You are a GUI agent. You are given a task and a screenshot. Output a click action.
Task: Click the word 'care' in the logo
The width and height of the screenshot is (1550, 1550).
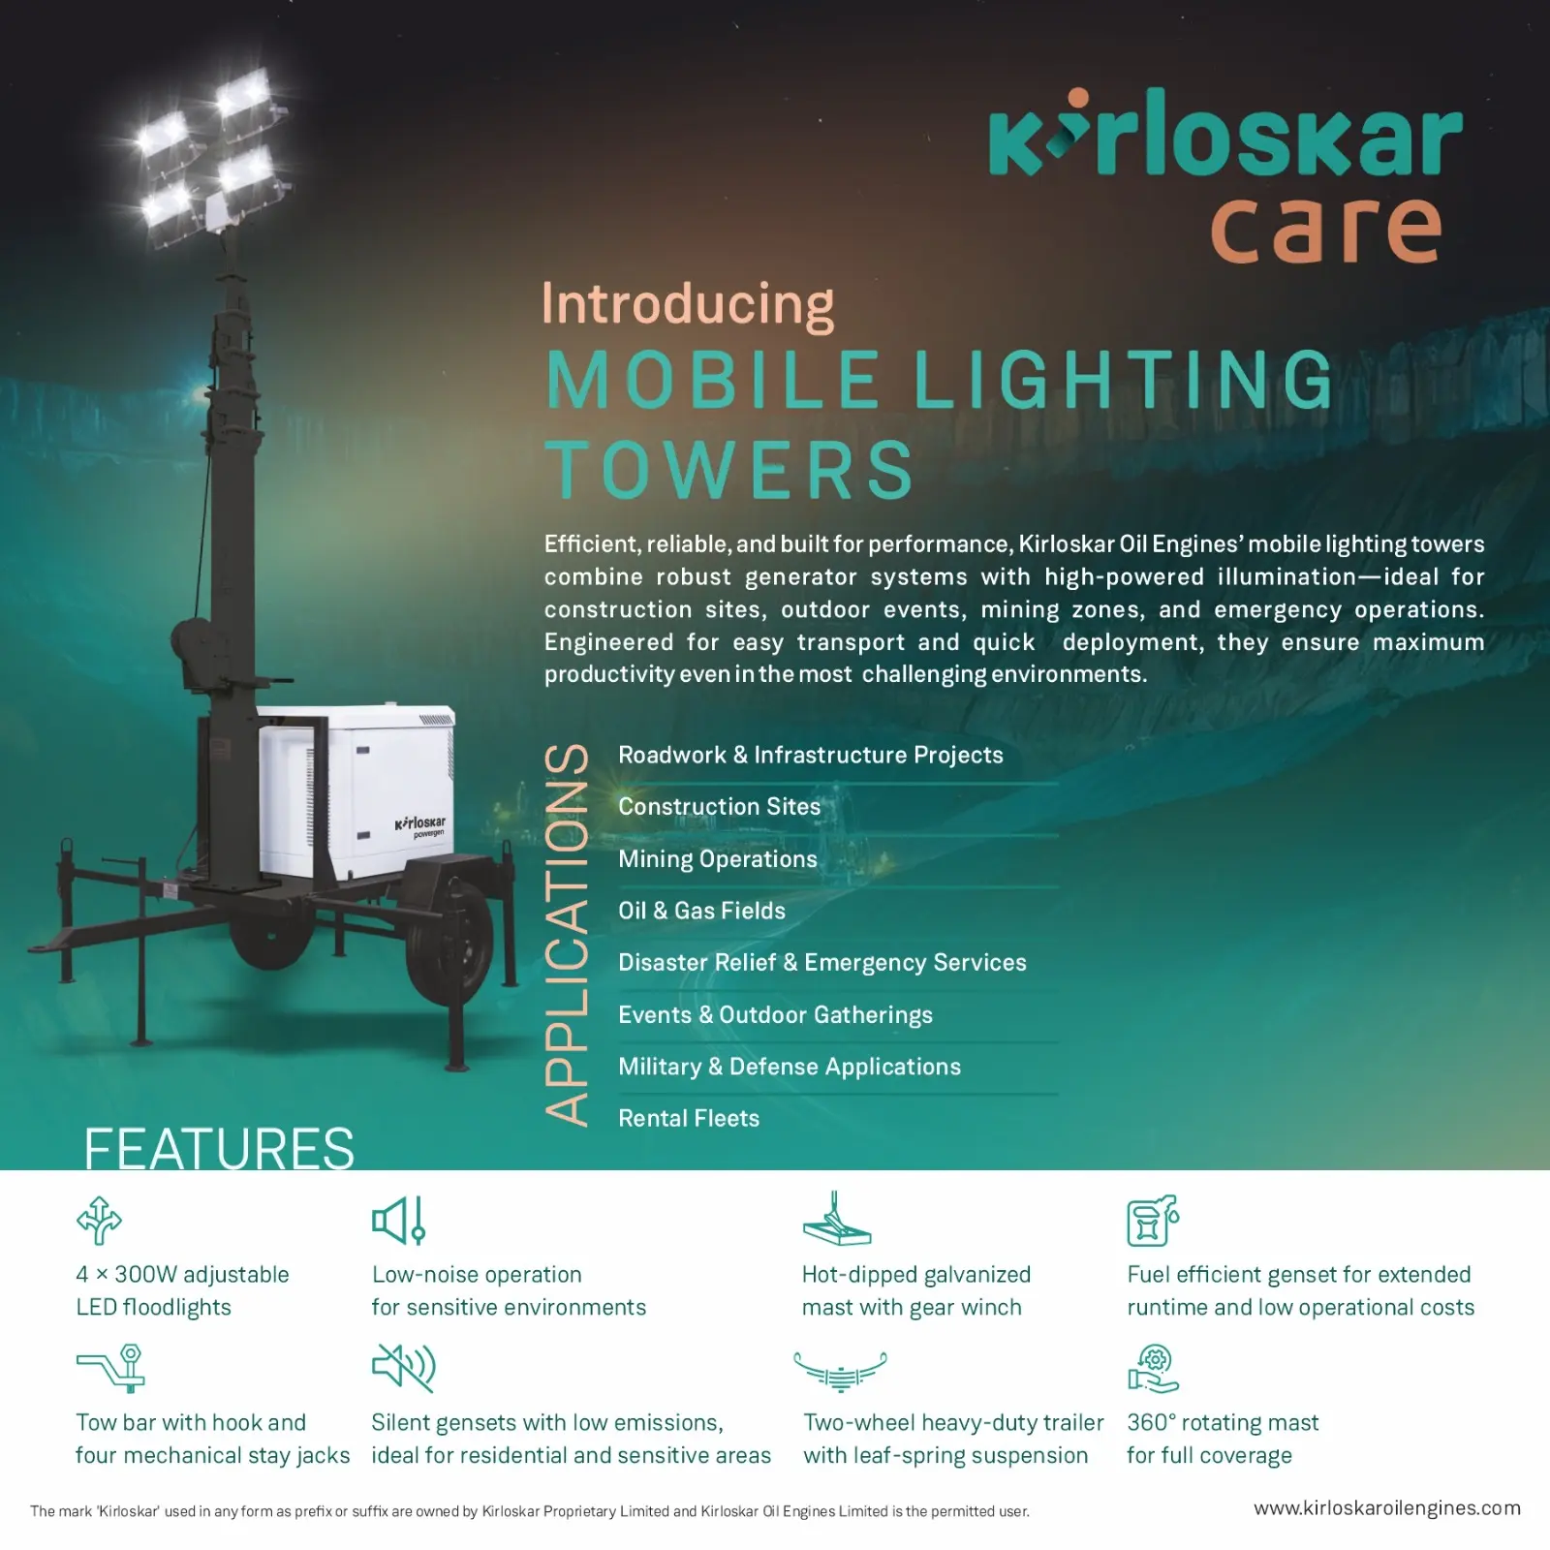click(x=1326, y=229)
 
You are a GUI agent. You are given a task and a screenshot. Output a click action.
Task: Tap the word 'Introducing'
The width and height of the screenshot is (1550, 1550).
click(x=688, y=304)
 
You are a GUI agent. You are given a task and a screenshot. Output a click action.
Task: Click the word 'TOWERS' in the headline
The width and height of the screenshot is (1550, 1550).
click(x=730, y=470)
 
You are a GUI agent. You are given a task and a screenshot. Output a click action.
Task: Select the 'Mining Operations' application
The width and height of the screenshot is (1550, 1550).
click(x=718, y=859)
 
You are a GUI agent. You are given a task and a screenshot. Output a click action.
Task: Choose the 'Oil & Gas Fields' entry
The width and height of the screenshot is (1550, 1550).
click(x=702, y=911)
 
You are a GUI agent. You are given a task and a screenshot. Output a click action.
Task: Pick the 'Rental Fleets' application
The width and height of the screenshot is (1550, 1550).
click(x=689, y=1118)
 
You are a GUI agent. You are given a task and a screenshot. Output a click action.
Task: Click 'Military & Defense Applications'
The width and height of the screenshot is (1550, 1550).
click(x=790, y=1067)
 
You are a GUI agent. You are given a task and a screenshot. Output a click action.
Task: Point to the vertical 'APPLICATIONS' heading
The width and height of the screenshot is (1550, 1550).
click(x=567, y=935)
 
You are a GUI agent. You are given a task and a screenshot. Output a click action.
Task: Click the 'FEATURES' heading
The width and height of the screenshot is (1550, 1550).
click(x=219, y=1149)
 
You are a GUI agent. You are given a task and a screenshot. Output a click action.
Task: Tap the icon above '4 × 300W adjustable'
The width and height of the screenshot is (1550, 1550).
click(x=99, y=1220)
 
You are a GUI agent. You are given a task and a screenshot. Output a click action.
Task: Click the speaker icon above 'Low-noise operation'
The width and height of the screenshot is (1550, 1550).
click(x=398, y=1220)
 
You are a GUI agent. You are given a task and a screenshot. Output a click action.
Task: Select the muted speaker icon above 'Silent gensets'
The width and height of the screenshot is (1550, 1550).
click(x=404, y=1367)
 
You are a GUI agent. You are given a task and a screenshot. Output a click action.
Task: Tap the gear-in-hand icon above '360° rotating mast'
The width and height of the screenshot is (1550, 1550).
click(x=1153, y=1368)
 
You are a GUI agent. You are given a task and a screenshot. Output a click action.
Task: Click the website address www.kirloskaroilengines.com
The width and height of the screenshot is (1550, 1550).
click(x=1387, y=1508)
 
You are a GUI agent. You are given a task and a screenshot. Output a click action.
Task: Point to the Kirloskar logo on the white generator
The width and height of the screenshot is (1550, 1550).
click(x=420, y=825)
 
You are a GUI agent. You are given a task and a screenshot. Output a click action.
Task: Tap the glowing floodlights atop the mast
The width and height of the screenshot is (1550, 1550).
click(x=211, y=155)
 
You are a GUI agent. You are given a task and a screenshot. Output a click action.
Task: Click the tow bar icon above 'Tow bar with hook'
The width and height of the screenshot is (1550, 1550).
click(x=111, y=1368)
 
